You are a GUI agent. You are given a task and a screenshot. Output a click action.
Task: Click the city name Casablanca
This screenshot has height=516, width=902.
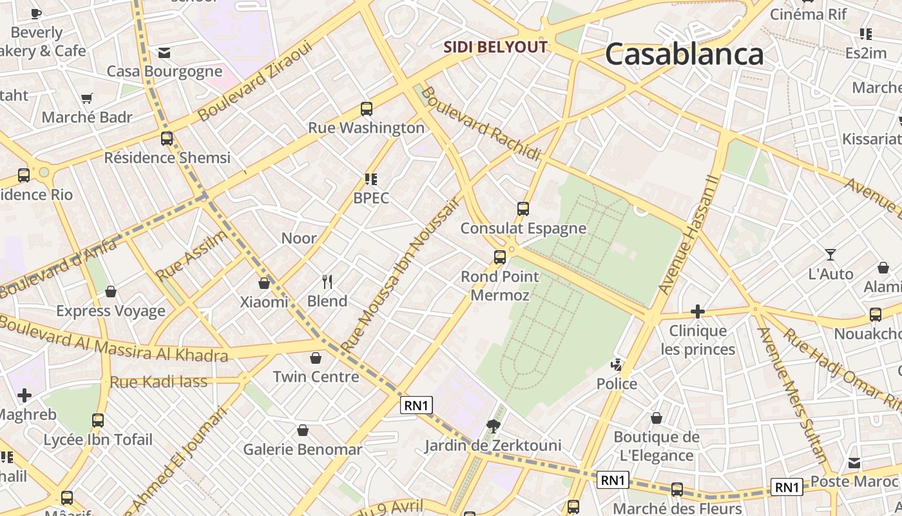point(684,54)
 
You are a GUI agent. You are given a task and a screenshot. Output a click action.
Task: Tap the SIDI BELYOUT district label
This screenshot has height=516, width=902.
point(495,47)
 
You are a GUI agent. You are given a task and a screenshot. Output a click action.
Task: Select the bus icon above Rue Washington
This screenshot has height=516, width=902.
point(367,109)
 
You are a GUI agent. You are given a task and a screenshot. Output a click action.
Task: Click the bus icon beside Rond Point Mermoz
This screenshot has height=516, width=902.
point(499,257)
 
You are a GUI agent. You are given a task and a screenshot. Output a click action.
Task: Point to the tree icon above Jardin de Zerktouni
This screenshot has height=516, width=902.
point(494,426)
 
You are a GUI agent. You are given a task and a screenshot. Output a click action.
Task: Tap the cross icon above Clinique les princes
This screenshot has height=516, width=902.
point(697,312)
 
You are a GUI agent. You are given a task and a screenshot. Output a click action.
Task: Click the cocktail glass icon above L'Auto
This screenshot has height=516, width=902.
point(830,255)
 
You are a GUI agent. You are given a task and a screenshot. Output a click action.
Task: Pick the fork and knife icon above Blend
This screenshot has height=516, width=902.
point(327,281)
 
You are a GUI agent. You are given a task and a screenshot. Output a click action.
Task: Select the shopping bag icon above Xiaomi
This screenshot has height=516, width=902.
point(264,283)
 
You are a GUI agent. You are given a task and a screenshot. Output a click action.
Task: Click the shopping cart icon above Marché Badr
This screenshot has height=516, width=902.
point(87,98)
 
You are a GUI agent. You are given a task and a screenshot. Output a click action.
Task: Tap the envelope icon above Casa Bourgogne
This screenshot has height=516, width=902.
point(164,52)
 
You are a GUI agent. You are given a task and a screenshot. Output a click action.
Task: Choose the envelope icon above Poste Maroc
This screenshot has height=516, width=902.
point(854,462)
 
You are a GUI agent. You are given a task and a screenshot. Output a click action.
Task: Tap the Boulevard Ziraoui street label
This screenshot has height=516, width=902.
point(255,81)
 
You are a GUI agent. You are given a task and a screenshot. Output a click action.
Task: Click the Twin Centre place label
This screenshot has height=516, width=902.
point(316,377)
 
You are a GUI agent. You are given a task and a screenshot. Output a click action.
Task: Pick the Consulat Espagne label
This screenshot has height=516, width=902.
point(523,228)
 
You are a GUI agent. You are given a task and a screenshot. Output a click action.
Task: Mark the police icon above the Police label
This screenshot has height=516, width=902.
point(617,365)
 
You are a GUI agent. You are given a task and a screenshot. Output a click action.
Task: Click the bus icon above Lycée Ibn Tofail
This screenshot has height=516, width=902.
point(98,421)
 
